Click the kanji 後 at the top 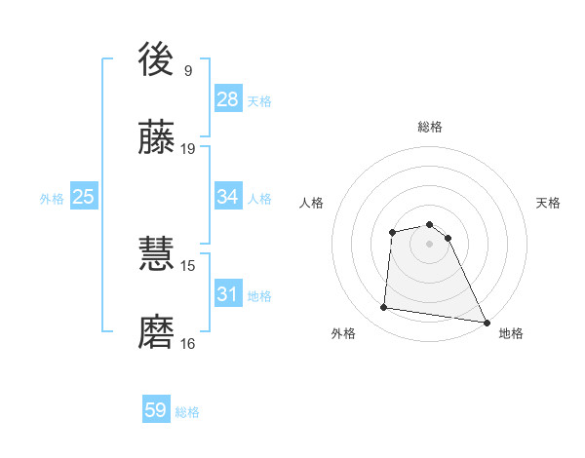[x=158, y=60]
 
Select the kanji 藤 [x=158, y=140]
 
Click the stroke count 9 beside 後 [x=188, y=70]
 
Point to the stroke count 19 [x=188, y=149]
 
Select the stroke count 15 [x=188, y=265]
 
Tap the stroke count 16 [x=188, y=343]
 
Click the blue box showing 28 [x=228, y=99]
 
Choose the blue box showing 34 [x=228, y=197]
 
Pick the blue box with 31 [x=228, y=294]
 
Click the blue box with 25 [x=84, y=197]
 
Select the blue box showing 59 [x=156, y=410]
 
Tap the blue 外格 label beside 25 [x=52, y=199]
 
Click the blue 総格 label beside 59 [x=187, y=412]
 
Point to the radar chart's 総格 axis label [x=430, y=127]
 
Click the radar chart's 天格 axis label [x=549, y=203]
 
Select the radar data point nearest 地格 [x=487, y=323]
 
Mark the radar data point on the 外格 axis [x=384, y=308]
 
